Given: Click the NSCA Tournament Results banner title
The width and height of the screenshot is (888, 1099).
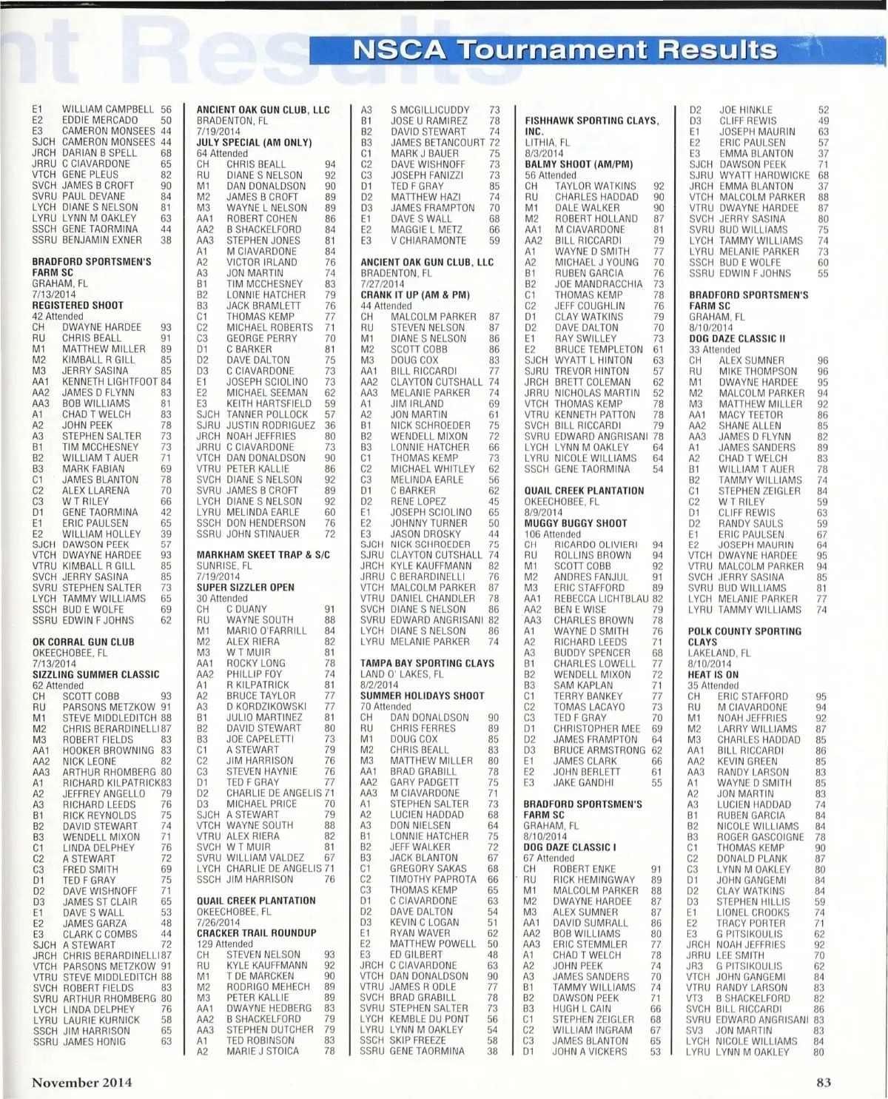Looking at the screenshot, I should [x=566, y=50].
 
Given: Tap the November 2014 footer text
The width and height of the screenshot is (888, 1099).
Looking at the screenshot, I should [x=81, y=1082].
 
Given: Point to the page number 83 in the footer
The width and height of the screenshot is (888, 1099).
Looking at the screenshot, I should [x=824, y=1082].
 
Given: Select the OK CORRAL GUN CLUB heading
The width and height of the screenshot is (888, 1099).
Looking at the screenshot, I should [x=83, y=642].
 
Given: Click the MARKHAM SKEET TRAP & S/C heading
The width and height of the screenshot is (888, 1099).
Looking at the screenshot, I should [x=263, y=555].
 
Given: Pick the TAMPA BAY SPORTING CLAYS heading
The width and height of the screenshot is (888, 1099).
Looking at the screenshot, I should [x=427, y=664].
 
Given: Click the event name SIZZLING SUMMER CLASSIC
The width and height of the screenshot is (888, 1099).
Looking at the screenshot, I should [x=95, y=675].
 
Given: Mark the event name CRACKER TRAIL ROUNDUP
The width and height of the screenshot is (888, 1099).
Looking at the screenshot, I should [x=256, y=933].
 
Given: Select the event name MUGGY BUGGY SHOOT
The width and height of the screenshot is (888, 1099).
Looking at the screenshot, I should [x=576, y=523].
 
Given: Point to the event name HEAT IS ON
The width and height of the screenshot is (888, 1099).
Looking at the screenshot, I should [x=713, y=675].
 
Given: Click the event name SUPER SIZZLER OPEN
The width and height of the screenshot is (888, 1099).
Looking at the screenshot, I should [x=245, y=588].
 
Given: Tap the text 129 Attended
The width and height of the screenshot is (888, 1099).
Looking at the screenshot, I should [x=224, y=944].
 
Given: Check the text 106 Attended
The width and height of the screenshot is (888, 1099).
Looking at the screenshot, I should [x=552, y=534].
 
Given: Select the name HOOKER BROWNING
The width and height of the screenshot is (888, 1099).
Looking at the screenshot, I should [x=109, y=750].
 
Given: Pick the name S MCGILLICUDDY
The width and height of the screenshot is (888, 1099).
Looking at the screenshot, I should [x=430, y=110].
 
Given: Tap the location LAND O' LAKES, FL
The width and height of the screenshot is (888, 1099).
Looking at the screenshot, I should [x=402, y=674].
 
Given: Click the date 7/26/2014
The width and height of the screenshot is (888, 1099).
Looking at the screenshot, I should [x=218, y=923].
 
